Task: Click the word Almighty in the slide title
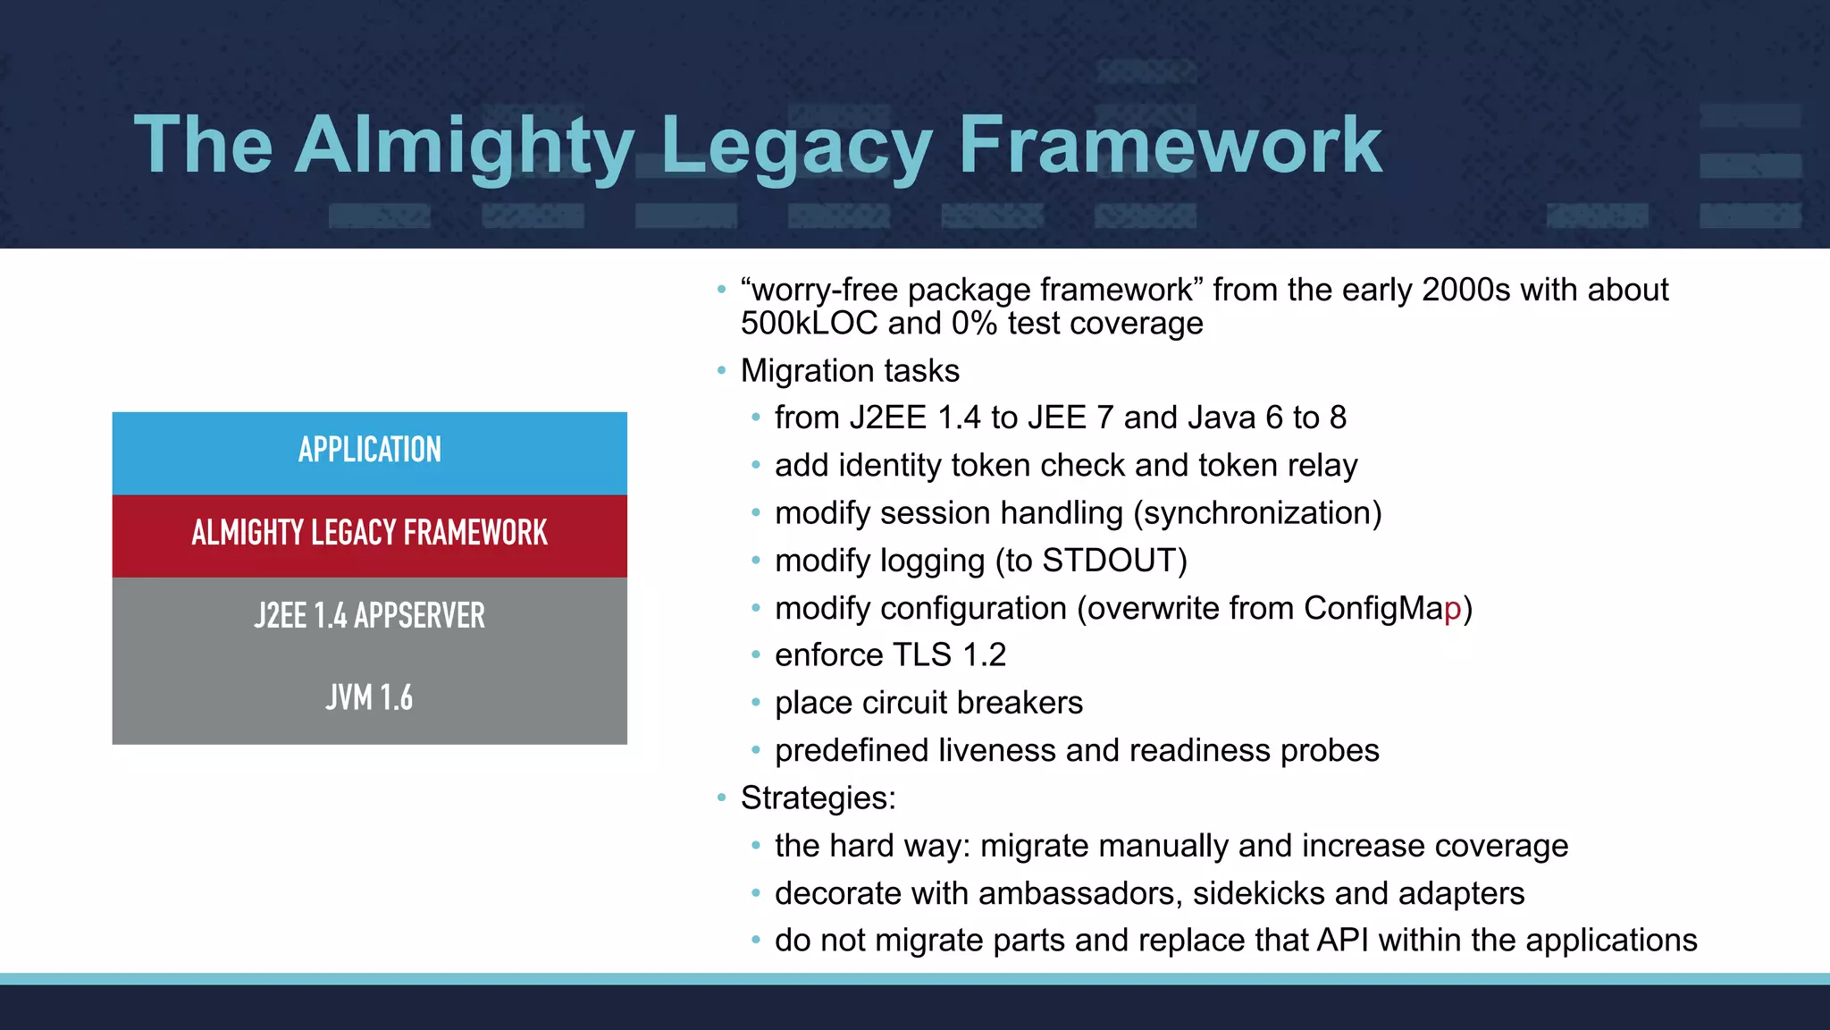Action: pos(465,145)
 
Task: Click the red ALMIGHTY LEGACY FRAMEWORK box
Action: pos(369,535)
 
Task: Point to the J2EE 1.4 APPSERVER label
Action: pos(369,616)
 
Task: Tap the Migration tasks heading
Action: pos(849,371)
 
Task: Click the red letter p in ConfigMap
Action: pos(1452,610)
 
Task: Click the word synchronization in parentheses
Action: pos(1257,513)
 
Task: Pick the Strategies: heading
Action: pos(818,798)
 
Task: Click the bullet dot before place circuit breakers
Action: pos(756,703)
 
